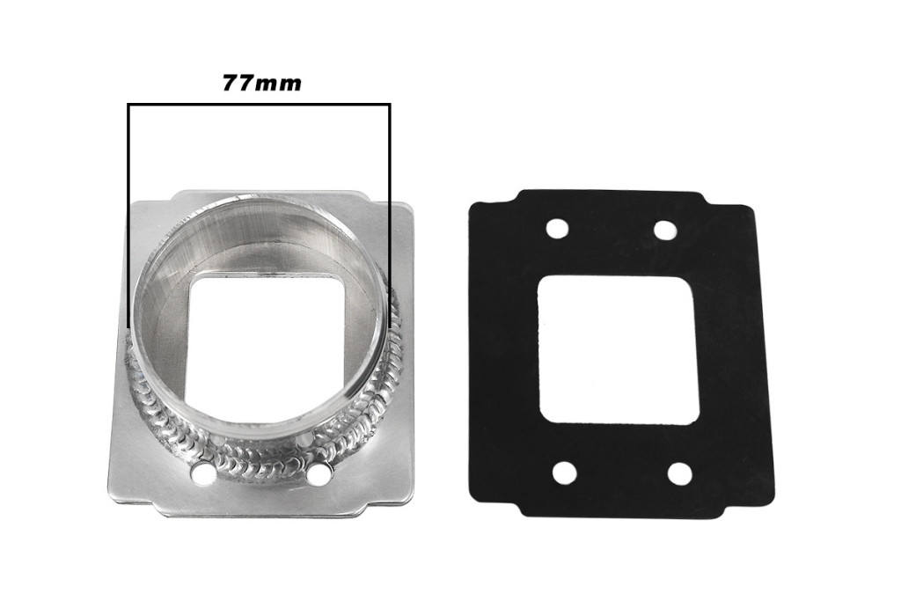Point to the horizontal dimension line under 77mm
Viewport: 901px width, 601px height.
(260, 105)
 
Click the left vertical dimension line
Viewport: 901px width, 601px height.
(128, 216)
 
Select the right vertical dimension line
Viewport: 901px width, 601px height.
(390, 216)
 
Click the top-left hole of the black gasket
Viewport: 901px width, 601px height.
(557, 228)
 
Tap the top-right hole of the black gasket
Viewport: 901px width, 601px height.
(665, 231)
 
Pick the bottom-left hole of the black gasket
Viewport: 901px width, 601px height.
(564, 473)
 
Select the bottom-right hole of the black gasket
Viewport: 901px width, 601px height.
(680, 474)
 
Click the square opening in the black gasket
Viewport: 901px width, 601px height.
(619, 349)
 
